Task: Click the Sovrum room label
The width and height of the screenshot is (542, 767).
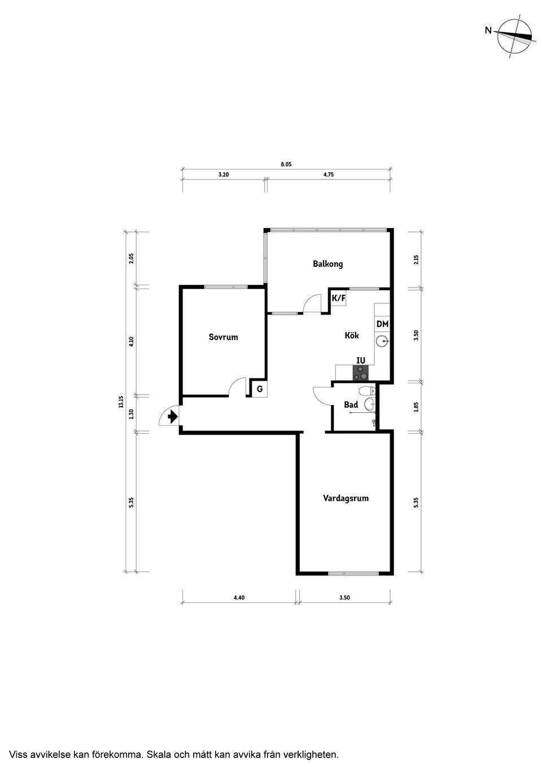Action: coord(223,337)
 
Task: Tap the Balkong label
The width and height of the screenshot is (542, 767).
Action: coord(327,264)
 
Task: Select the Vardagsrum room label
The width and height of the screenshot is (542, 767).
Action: coord(346,498)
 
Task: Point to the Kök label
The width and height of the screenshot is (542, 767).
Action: coord(352,335)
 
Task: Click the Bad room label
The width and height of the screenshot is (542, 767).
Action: coord(351,405)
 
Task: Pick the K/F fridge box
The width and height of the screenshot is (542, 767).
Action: coord(338,298)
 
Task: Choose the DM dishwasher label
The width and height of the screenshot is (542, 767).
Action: coord(382,324)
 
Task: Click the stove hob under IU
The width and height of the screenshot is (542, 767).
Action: coord(360,373)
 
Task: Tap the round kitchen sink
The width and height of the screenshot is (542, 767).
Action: coord(382,341)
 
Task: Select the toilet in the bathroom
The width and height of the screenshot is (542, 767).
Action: coord(366,391)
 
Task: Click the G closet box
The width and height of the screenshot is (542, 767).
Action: coord(259,389)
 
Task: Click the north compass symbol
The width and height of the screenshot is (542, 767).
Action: coord(513,35)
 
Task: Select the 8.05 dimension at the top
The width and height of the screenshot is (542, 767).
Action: coord(286,165)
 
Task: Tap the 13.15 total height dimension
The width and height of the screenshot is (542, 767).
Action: coord(121,402)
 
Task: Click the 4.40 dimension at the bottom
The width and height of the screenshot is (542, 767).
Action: coord(239,598)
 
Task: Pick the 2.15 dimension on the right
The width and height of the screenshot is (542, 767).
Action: coord(416,260)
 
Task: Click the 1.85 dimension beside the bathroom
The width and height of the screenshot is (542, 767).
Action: coord(416,406)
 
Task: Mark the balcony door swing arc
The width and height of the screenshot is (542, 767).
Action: coord(311,304)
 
